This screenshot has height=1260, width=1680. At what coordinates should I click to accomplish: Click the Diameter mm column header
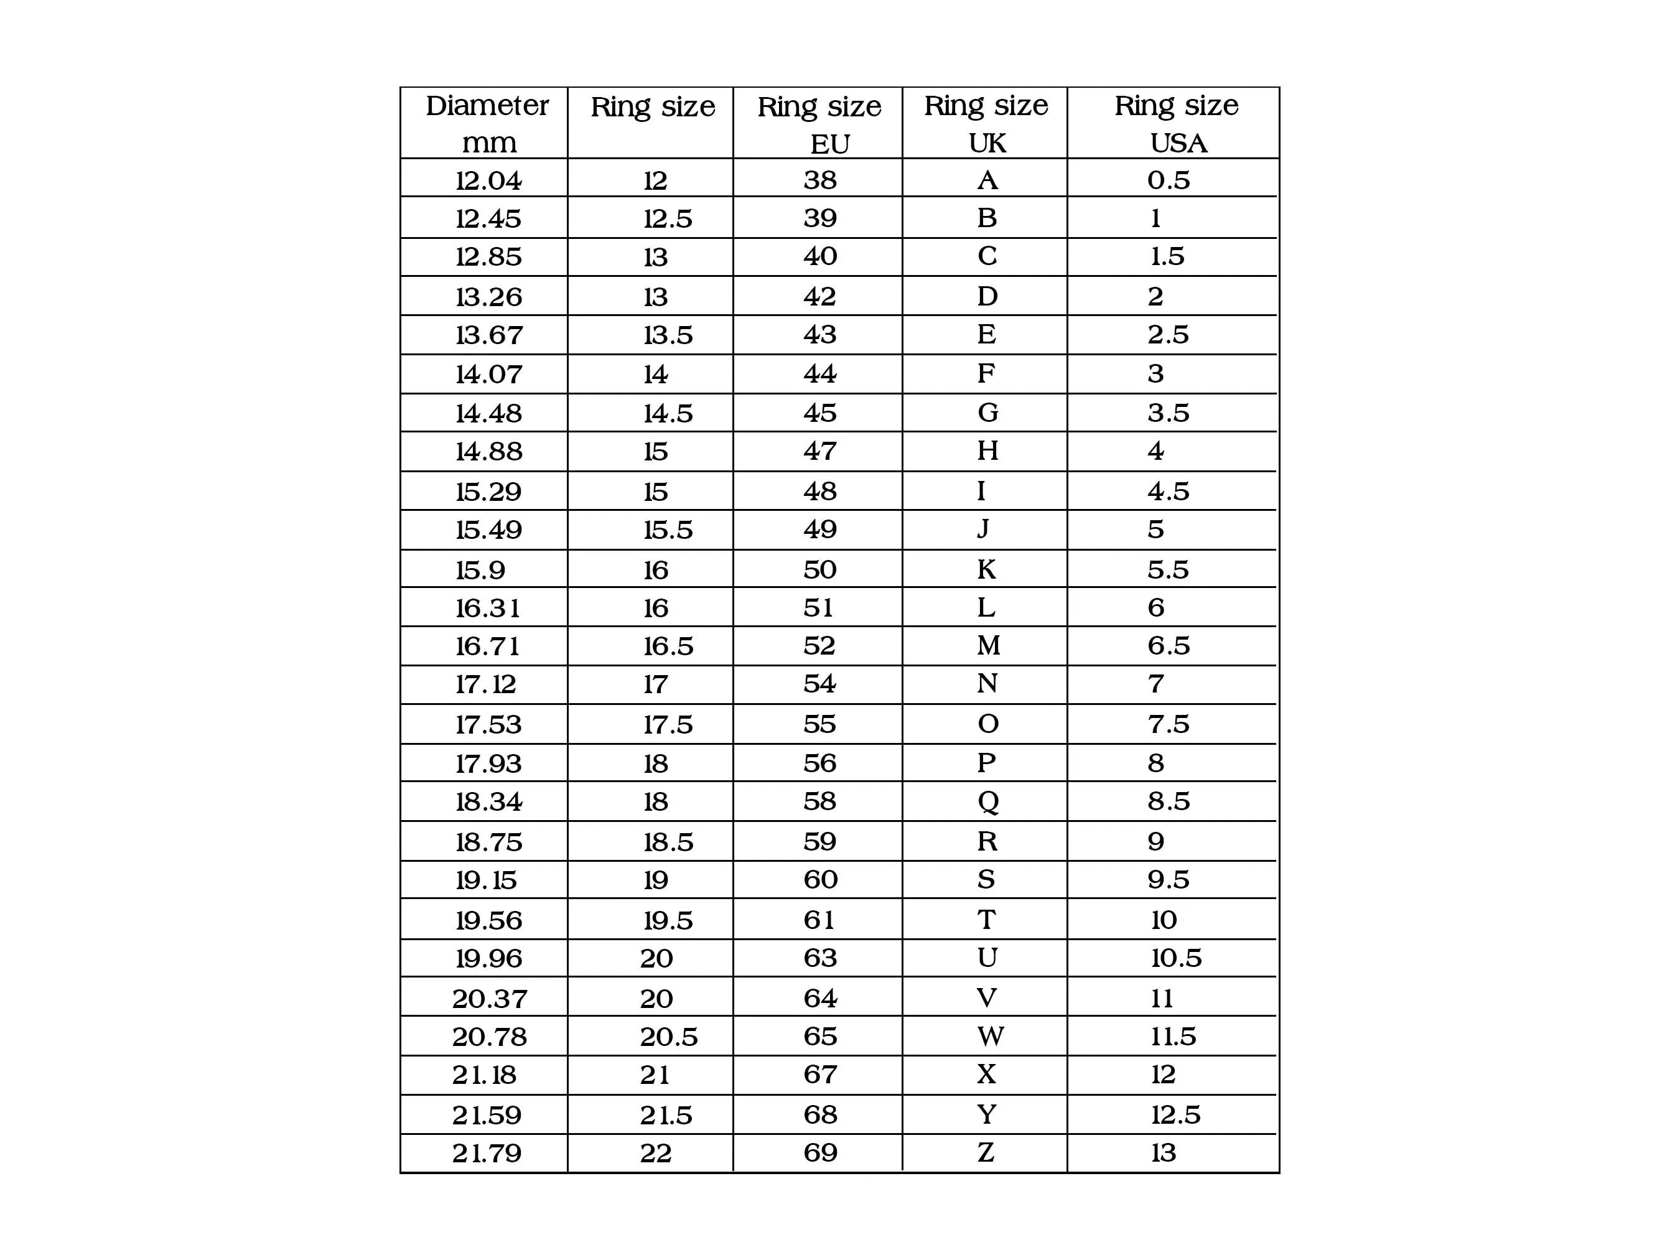(487, 123)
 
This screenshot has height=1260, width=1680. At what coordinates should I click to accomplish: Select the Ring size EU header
(819, 124)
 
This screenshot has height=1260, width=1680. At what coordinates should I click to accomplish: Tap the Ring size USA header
(1176, 123)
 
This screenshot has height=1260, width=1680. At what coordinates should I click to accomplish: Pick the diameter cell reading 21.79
(487, 1154)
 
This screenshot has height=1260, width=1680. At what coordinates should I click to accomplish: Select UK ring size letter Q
(987, 801)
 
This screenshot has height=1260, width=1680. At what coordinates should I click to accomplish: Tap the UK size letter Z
(986, 1153)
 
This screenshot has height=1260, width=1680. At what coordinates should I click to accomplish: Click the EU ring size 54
(819, 684)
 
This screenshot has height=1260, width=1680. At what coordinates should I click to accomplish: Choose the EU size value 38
(819, 180)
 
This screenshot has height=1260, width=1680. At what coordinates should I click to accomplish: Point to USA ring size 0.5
(1168, 180)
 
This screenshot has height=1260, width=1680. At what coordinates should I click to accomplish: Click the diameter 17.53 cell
(488, 724)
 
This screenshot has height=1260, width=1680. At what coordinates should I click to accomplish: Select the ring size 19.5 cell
(668, 920)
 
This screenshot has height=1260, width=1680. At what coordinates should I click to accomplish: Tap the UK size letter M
(988, 646)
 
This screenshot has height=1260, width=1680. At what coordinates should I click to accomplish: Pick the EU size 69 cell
(820, 1153)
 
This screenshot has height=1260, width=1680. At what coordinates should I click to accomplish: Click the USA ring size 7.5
(1168, 724)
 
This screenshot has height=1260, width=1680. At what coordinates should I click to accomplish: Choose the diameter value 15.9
(480, 569)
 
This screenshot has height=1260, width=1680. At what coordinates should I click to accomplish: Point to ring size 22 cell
(655, 1154)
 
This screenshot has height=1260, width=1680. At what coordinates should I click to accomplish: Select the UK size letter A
(987, 180)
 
